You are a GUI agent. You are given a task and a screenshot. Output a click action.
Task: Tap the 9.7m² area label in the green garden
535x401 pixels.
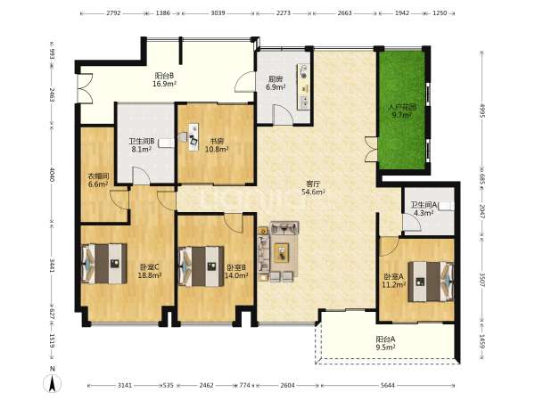click(x=401, y=115)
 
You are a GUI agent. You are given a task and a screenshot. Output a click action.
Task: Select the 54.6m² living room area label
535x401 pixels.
click(x=313, y=192)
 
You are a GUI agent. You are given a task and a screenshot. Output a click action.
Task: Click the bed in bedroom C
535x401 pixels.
click(x=104, y=264)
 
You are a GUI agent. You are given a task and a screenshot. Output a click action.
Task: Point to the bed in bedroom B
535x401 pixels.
click(x=202, y=266)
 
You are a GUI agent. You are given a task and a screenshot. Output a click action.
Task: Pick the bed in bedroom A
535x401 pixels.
click(x=431, y=282)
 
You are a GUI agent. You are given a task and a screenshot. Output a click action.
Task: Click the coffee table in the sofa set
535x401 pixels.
click(x=282, y=252)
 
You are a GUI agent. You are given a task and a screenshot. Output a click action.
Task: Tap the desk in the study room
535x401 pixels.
click(x=193, y=136)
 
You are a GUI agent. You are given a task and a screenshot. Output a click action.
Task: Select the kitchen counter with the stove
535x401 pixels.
click(x=304, y=86)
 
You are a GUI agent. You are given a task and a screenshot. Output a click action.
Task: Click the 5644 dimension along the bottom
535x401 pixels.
click(x=388, y=385)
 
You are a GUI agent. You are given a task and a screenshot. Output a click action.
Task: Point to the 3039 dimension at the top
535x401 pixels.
click(x=218, y=13)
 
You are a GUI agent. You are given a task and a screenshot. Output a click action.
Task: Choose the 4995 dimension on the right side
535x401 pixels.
click(x=482, y=110)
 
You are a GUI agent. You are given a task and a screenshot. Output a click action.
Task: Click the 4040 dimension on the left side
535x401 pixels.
click(x=52, y=174)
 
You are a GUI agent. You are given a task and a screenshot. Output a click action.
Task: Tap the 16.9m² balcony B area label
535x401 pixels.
click(x=164, y=84)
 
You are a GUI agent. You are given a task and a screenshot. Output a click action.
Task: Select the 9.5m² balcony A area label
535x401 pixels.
click(x=385, y=348)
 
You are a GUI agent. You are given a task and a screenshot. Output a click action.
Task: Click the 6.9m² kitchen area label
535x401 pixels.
click(x=276, y=87)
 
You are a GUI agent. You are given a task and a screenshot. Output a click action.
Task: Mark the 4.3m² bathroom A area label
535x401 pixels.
click(x=424, y=213)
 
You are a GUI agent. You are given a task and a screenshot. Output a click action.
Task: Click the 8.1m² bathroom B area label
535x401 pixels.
click(x=142, y=149)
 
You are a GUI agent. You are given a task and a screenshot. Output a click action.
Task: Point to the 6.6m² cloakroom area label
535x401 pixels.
click(x=98, y=184)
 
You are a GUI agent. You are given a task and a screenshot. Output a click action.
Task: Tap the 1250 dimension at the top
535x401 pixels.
click(x=440, y=13)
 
